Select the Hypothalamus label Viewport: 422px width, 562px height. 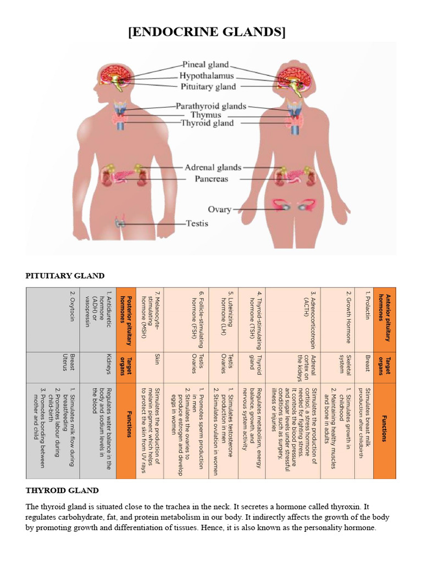click(x=207, y=76)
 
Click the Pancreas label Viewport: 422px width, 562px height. click(x=203, y=178)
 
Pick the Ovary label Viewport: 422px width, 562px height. click(x=219, y=210)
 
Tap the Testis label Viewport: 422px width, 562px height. click(x=196, y=223)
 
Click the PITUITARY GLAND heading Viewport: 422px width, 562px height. click(x=65, y=276)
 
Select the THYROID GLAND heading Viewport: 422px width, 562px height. click(x=62, y=490)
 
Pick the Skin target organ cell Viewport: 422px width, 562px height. click(x=157, y=359)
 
